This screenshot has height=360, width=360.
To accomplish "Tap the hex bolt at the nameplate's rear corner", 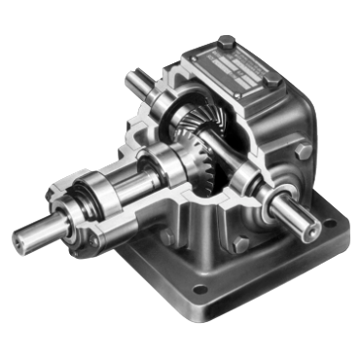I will [x=226, y=42].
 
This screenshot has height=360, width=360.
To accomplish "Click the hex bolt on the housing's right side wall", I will [x=303, y=151].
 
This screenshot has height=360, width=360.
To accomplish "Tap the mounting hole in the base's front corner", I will [x=201, y=289].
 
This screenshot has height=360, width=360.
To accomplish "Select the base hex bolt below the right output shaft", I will [x=240, y=242].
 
